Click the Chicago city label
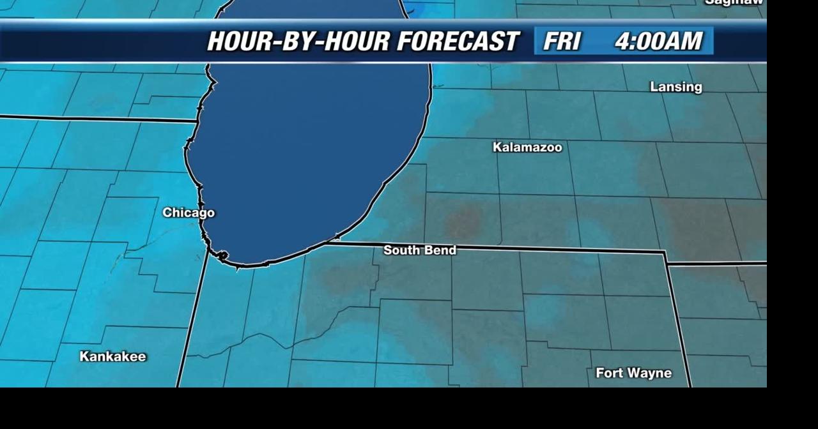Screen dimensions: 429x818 coord(189,213)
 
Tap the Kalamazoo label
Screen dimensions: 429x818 coord(527,147)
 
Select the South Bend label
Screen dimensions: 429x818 coord(420,250)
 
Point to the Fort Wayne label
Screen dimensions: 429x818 coord(633,373)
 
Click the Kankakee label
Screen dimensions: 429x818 coord(112,356)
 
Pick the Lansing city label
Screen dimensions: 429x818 coord(675,87)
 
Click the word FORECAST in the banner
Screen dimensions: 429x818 coord(457,41)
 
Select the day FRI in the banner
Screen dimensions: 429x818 coord(562,41)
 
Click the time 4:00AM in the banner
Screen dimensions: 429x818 coord(658,41)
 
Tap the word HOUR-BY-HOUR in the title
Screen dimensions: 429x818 coord(297,41)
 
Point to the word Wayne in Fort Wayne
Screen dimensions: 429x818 coord(649,373)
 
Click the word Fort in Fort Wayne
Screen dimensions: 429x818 coord(608,373)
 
